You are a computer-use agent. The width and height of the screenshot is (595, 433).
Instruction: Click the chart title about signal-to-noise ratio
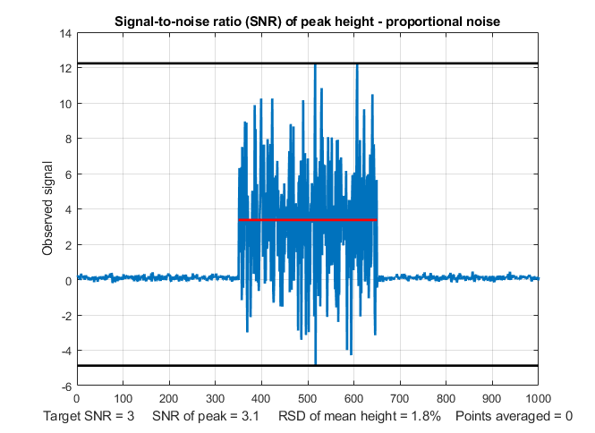[307, 21]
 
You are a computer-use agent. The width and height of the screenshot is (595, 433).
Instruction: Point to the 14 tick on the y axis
[65, 33]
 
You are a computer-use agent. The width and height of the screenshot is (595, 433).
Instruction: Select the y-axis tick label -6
[65, 386]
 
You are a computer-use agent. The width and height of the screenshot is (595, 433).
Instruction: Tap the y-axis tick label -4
[65, 351]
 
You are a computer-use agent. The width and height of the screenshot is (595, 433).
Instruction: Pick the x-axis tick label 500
[307, 399]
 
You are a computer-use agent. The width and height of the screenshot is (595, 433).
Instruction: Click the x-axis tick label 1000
[538, 399]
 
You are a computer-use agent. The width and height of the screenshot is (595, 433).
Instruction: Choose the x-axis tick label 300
[215, 399]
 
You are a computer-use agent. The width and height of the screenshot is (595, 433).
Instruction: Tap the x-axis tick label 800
[446, 399]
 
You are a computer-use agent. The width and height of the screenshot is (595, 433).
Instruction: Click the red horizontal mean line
[307, 219]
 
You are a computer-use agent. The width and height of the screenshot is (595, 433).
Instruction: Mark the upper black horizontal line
[179, 64]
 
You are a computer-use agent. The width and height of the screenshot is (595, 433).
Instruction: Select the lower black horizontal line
[179, 365]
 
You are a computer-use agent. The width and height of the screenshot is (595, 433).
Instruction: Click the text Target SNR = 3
[89, 416]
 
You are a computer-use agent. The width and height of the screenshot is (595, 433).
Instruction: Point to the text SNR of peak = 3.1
[206, 416]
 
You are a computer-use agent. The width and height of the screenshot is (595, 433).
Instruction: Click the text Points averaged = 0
[514, 416]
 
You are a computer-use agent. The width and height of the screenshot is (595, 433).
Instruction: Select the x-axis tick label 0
[77, 399]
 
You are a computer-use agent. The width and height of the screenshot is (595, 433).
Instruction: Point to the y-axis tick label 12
[65, 68]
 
